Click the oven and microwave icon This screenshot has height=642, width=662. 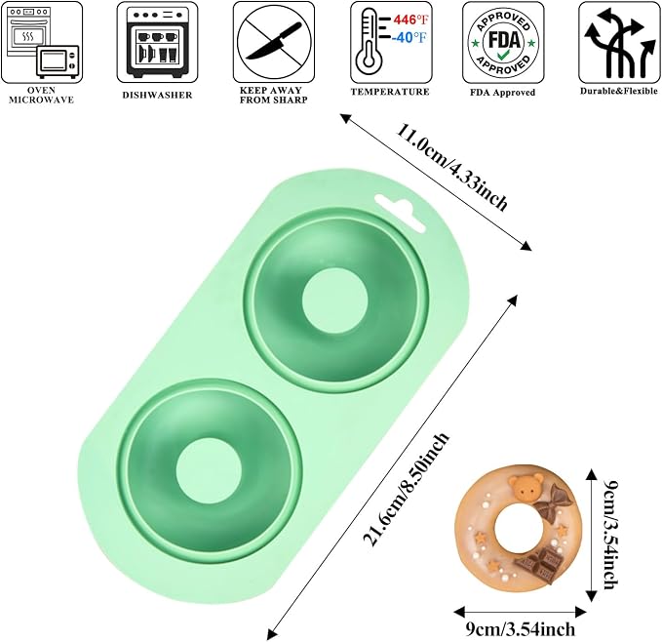[x=42, y=42]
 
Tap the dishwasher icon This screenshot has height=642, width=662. [x=158, y=42]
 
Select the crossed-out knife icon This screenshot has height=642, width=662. [x=274, y=42]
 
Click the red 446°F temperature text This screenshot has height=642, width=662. [x=410, y=20]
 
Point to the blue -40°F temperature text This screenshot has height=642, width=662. [x=409, y=38]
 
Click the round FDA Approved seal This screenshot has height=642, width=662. [x=503, y=42]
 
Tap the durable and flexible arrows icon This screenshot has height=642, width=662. [x=619, y=42]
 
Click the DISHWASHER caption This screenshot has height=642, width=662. [x=158, y=95]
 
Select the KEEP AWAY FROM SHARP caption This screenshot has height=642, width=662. [x=273, y=95]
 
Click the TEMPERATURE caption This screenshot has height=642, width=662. [x=390, y=92]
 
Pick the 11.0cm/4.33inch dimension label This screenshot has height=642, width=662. [x=451, y=168]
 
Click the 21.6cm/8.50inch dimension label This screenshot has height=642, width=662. [x=407, y=490]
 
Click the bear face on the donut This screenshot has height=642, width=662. [x=526, y=488]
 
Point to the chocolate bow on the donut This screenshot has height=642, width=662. [x=553, y=503]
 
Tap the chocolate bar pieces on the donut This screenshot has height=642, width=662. [x=539, y=565]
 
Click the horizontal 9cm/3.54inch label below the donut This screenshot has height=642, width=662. [x=521, y=629]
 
